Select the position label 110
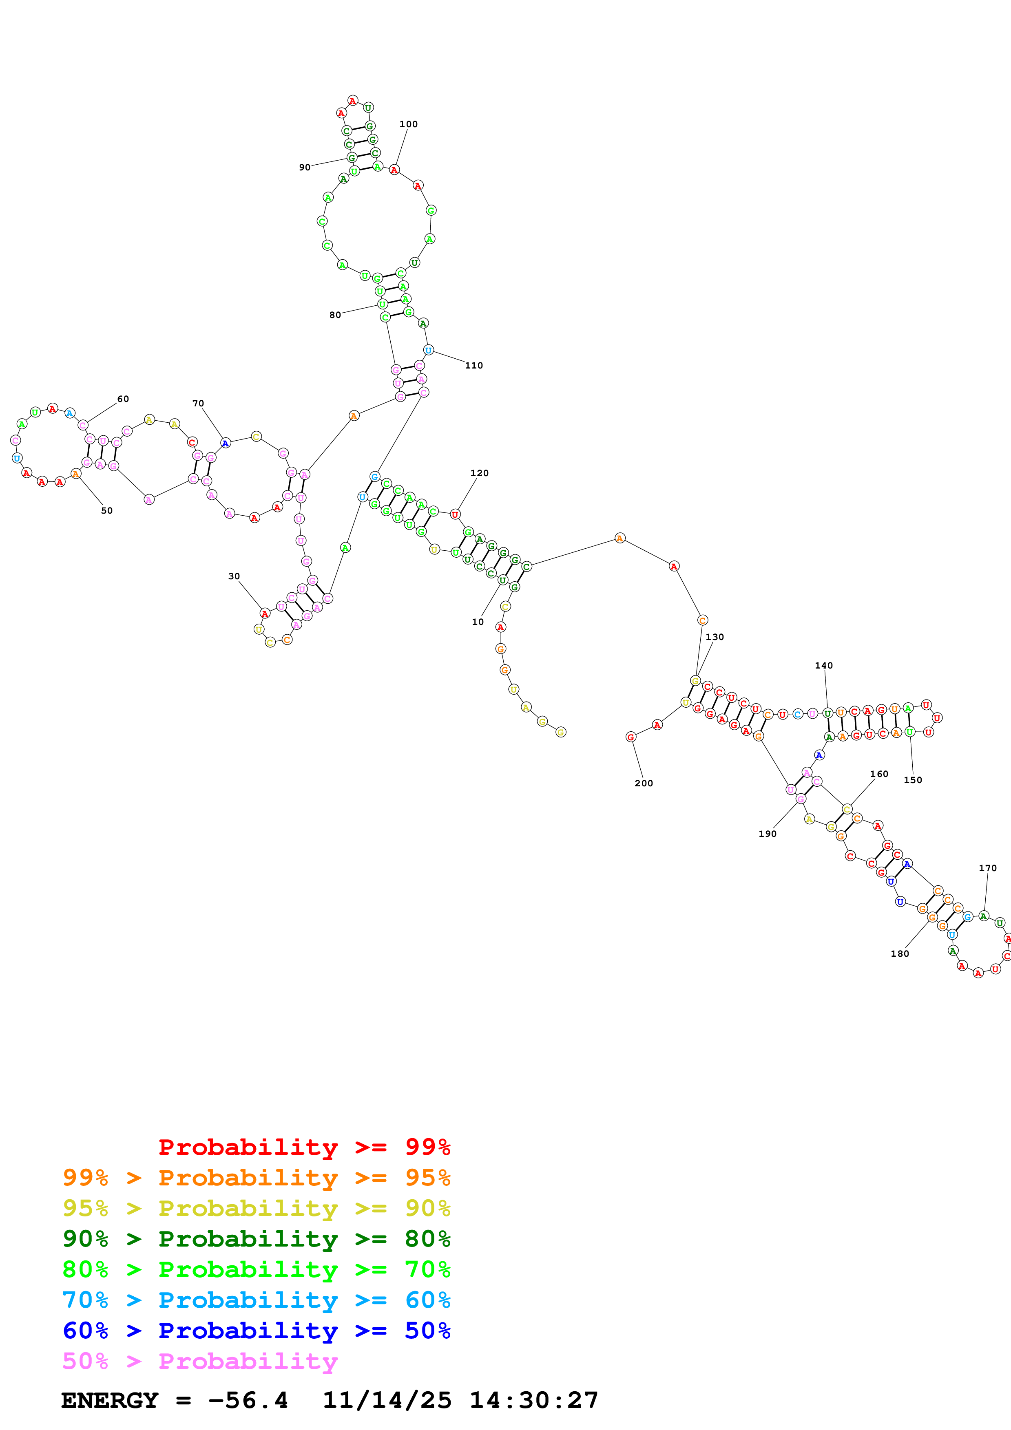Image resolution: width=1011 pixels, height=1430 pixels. pyautogui.click(x=473, y=366)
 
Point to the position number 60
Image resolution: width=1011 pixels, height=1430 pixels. pyautogui.click(x=123, y=399)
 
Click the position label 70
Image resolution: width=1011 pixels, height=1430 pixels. pyautogui.click(x=198, y=404)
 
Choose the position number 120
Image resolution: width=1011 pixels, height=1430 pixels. pyautogui.click(x=479, y=473)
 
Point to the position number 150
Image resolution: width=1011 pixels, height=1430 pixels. pyautogui.click(x=913, y=780)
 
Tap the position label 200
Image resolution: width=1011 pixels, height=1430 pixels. pyautogui.click(x=644, y=783)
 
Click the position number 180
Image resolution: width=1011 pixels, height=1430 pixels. pyautogui.click(x=900, y=953)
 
